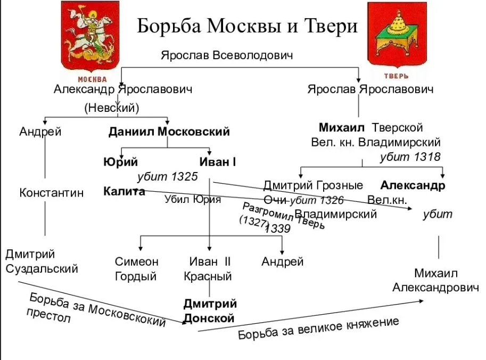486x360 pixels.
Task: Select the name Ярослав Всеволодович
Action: [227, 55]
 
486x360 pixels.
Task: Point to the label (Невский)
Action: [111, 108]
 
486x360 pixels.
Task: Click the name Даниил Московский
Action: [169, 132]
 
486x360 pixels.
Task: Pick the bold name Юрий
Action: [120, 162]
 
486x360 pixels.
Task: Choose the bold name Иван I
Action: [217, 162]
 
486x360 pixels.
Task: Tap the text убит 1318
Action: [410, 157]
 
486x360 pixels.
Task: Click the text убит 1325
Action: [167, 177]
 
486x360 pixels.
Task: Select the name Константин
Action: [52, 193]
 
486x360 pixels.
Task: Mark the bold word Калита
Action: [124, 192]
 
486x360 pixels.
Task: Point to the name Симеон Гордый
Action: [136, 269]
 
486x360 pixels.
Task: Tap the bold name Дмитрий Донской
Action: [209, 311]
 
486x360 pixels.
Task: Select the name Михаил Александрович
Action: [435, 280]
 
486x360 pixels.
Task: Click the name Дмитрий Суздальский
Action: [42, 261]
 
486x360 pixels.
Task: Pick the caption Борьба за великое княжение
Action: [318, 329]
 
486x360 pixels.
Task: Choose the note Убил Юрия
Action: [192, 200]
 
